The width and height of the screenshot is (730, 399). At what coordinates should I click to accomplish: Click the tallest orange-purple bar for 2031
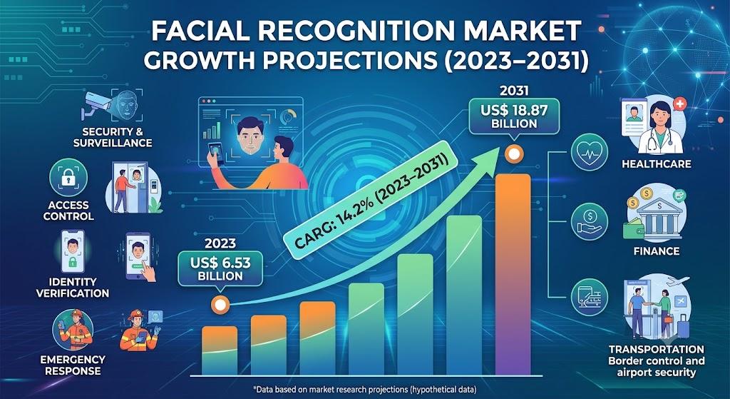(513, 274)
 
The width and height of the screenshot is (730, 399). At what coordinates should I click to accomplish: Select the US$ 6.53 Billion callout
(220, 268)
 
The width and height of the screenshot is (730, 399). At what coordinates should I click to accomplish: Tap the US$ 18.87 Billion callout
(514, 116)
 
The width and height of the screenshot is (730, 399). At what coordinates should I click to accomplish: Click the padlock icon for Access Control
(68, 177)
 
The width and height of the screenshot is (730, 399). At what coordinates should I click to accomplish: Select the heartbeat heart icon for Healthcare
(589, 152)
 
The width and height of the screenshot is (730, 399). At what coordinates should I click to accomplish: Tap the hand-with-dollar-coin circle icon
(589, 221)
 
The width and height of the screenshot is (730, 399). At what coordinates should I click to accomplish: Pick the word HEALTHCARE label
(656, 164)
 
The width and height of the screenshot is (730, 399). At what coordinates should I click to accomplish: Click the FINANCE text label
(657, 251)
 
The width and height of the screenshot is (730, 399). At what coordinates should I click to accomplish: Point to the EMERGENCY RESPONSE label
(73, 365)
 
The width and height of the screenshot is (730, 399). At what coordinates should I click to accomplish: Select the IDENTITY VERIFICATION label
(73, 288)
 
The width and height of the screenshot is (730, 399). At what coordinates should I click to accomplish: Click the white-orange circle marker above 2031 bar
(513, 154)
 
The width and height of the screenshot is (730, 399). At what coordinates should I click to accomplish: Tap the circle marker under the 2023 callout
(220, 305)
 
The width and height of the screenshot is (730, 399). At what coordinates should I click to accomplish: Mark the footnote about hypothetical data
(364, 389)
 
